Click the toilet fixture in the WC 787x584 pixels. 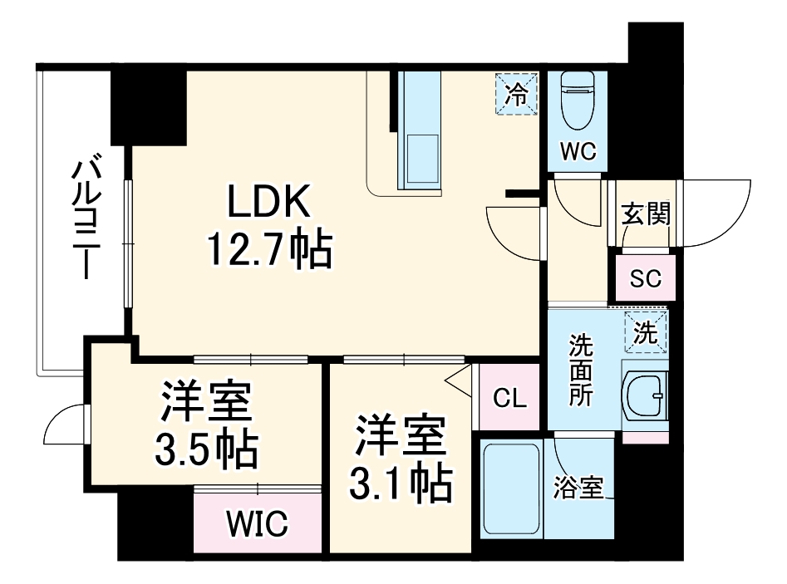[576, 101]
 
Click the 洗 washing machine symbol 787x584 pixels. [646, 332]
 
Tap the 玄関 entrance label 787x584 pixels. [646, 215]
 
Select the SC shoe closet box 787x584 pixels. [645, 278]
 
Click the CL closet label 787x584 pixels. [509, 399]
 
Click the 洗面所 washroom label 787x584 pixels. [581, 371]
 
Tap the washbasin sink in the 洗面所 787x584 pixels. [646, 397]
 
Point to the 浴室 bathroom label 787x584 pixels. [578, 489]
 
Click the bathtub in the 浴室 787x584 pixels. [512, 490]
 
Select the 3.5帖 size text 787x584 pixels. [204, 450]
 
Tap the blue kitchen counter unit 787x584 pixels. [422, 129]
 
